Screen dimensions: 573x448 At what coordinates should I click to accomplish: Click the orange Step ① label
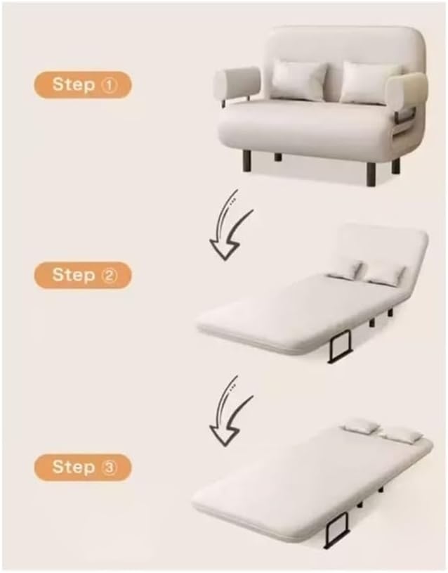(x=82, y=85)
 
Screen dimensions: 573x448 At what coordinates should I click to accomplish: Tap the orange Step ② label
(x=82, y=275)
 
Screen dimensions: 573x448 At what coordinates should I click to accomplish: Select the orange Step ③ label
(x=82, y=467)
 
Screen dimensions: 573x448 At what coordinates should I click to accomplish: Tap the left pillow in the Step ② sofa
(x=345, y=267)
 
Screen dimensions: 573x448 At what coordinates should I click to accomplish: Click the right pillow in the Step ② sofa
(x=385, y=273)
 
